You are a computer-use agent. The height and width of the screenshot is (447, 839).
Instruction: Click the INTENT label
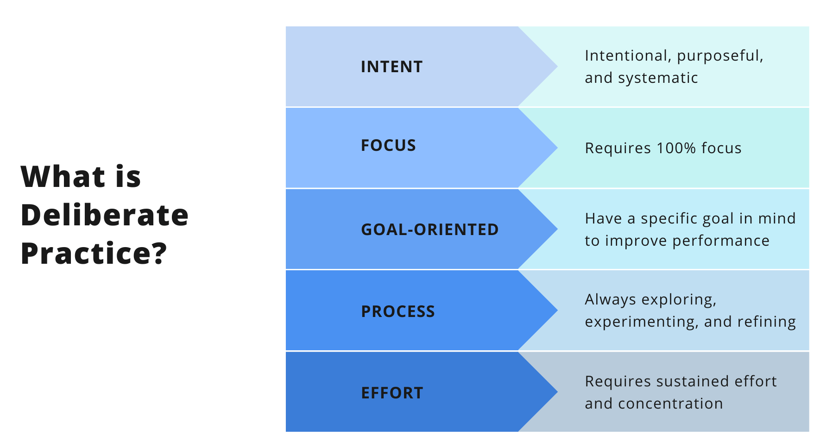tap(391, 67)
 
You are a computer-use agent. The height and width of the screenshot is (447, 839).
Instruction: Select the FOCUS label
tap(388, 145)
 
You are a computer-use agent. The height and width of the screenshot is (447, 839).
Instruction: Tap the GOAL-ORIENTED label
tap(429, 230)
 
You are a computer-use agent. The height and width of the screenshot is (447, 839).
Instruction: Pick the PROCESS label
tap(398, 311)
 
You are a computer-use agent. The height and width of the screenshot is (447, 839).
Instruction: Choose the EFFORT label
tap(392, 393)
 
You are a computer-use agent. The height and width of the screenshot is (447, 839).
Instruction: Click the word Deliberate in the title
tap(105, 215)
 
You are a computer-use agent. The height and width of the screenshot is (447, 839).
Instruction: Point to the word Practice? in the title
tap(94, 254)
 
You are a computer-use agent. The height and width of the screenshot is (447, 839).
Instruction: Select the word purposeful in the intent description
tap(720, 56)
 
